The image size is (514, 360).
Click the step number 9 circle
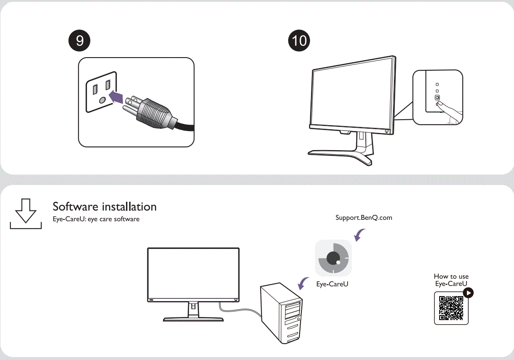(79, 40)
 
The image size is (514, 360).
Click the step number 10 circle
(300, 40)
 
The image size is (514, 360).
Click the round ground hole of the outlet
(102, 99)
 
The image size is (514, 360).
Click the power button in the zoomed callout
(437, 97)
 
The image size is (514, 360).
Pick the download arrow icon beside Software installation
(26, 213)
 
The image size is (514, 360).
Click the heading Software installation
(104, 207)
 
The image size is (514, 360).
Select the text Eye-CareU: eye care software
(96, 219)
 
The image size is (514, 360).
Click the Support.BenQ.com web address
(364, 218)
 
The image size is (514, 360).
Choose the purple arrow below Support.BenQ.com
(360, 235)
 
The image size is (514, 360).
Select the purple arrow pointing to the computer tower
(302, 284)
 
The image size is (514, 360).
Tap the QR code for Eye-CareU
(451, 308)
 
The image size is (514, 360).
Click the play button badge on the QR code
(468, 293)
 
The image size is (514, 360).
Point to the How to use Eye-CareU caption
(451, 280)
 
